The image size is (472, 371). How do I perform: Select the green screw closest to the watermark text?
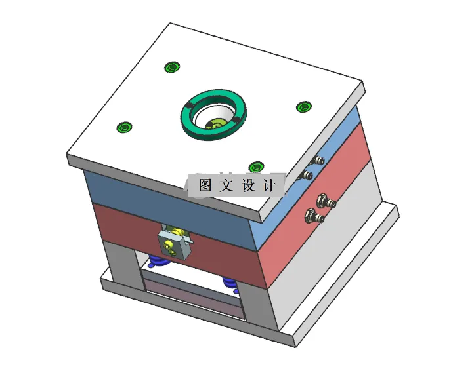[256, 167]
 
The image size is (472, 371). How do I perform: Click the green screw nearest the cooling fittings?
[303, 107]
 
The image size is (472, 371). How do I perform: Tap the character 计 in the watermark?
[269, 185]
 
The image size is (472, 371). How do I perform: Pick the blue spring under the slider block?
[158, 262]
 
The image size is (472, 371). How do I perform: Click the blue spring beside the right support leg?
[229, 283]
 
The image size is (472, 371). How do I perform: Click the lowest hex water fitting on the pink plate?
[312, 215]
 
